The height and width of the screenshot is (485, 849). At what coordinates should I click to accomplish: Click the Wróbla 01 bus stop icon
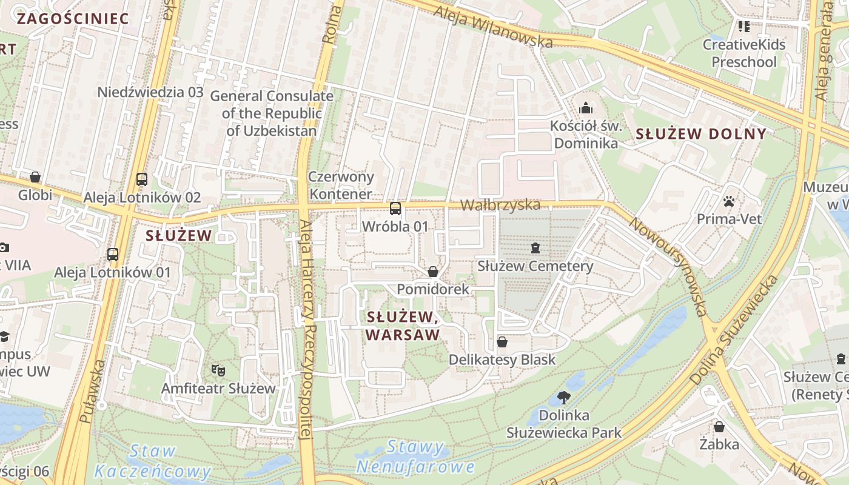click(395, 209)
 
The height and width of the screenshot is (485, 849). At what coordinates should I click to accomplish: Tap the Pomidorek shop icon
click(433, 272)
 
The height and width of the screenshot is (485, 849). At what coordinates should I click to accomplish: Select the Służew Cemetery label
click(535, 266)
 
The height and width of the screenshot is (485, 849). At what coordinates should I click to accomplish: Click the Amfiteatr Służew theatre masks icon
click(218, 369)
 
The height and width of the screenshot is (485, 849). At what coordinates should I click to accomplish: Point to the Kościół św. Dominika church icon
click(586, 108)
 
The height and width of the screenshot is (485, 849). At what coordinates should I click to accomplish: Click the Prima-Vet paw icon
click(729, 201)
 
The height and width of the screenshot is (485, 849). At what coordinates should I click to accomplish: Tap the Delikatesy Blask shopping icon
click(502, 342)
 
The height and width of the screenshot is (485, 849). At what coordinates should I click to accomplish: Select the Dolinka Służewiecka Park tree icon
click(564, 398)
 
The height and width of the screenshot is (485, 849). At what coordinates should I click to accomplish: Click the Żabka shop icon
click(719, 427)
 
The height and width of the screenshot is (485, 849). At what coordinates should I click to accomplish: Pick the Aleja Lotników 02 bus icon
click(142, 179)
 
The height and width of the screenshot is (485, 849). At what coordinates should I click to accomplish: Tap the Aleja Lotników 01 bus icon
click(113, 254)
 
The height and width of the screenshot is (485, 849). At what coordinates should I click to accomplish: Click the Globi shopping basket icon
click(35, 177)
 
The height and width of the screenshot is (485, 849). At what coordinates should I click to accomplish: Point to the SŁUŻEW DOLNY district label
click(700, 134)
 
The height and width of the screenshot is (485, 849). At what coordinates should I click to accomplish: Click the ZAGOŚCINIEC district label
click(73, 18)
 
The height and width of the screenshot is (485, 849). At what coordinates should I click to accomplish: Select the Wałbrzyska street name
click(500, 205)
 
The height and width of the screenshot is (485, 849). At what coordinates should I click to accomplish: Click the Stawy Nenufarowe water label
click(415, 457)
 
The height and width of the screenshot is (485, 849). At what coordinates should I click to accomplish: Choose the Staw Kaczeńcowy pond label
click(153, 461)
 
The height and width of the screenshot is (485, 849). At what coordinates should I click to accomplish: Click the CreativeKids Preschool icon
click(743, 26)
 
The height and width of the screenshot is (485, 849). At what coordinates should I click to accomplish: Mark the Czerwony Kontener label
click(341, 186)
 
